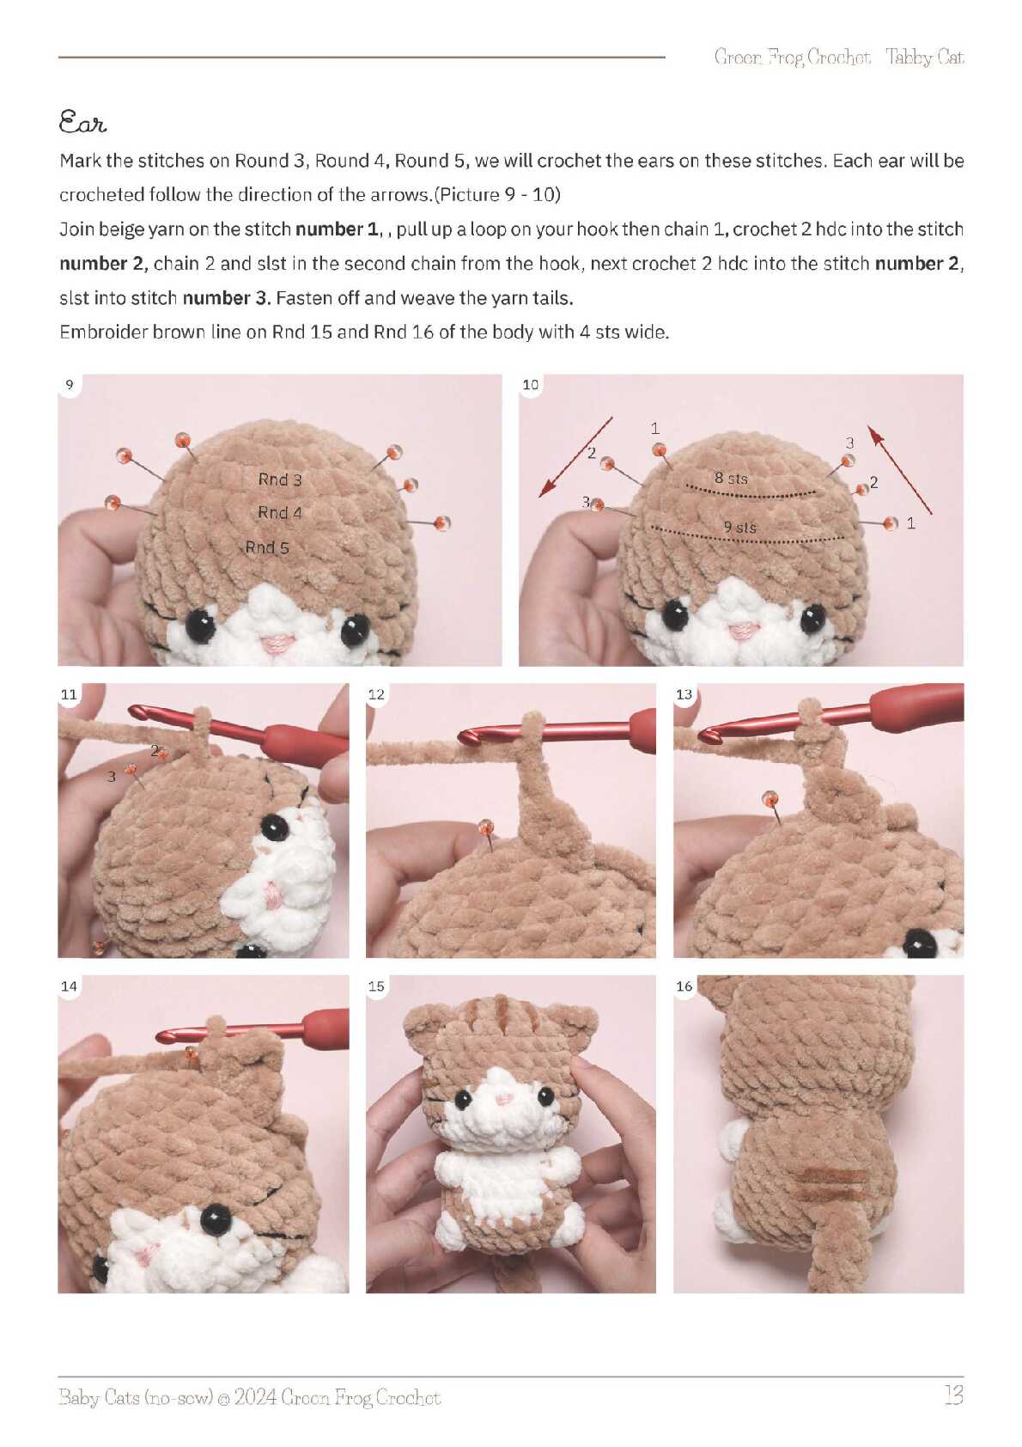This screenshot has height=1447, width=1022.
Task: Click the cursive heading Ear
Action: click(x=82, y=121)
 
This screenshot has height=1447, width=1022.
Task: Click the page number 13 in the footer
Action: click(x=953, y=1395)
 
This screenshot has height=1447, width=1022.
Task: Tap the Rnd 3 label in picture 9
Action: click(x=280, y=479)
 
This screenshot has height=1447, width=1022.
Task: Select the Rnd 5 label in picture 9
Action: click(x=267, y=548)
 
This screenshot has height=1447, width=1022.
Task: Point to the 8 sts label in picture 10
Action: click(x=731, y=478)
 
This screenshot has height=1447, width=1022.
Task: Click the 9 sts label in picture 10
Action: click(x=739, y=527)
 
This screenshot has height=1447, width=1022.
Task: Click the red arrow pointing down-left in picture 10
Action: click(x=575, y=457)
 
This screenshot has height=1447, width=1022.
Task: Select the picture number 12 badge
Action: click(x=376, y=694)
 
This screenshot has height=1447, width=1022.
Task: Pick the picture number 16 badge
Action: click(x=684, y=986)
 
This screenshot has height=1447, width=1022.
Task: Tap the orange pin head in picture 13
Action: click(x=769, y=798)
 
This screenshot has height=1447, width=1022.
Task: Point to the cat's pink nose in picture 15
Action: click(x=503, y=1098)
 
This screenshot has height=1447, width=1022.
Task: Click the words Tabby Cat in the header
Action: click(x=924, y=58)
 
